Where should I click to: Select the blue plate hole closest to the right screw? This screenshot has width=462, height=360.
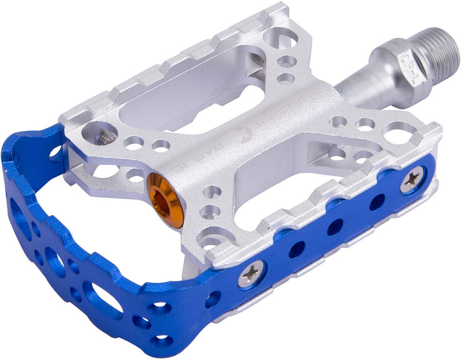tap(378, 202)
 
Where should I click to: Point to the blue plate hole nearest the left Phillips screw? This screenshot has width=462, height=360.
tap(297, 249)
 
